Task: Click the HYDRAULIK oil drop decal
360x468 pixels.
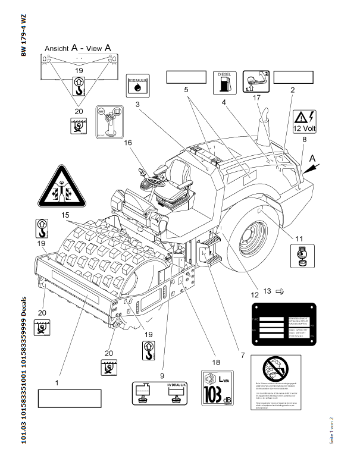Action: point(137,86)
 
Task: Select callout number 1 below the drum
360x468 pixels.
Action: point(57,384)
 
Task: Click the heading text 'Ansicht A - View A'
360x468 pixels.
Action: point(78,47)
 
